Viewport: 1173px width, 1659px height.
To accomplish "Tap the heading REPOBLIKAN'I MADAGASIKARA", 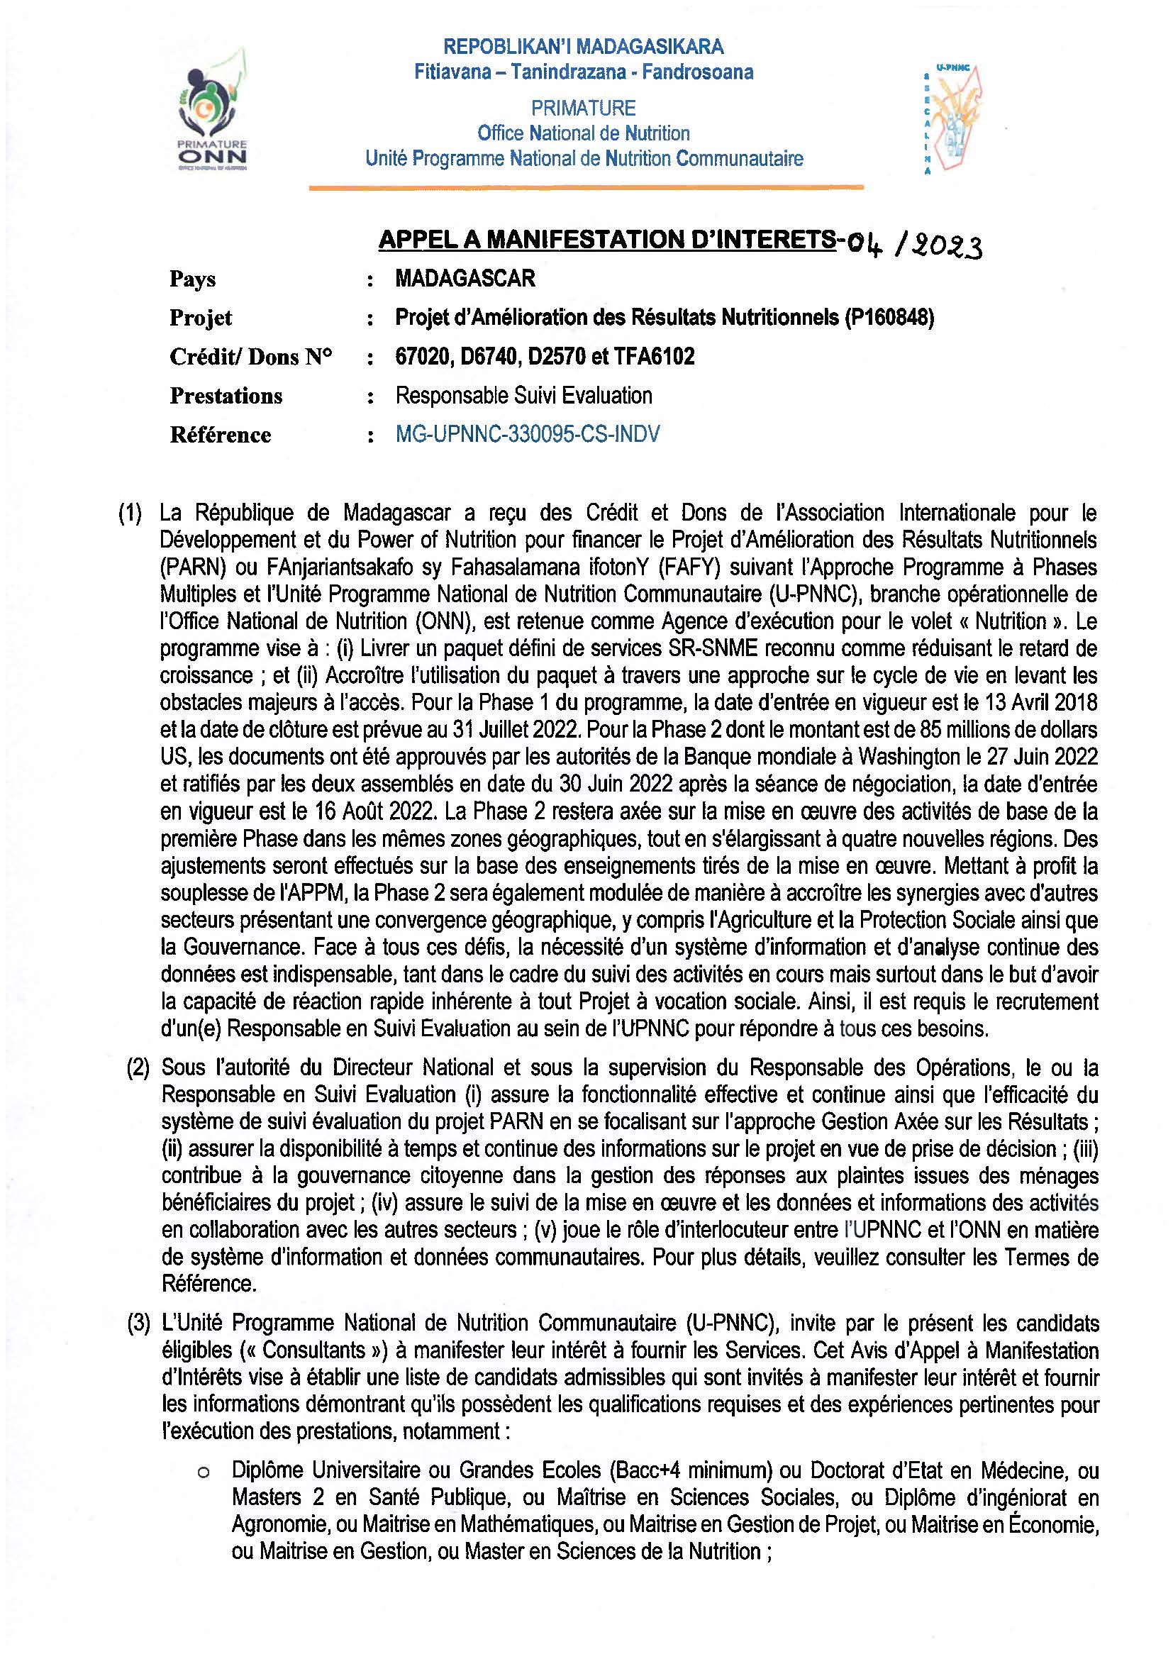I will (x=583, y=47).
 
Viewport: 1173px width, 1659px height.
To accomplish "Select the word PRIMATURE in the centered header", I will (x=583, y=109).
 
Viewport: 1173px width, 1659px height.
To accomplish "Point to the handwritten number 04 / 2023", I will (x=914, y=246).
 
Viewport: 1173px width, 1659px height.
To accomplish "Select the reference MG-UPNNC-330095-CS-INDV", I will (x=527, y=434).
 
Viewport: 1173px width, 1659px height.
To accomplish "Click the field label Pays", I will (x=192, y=279).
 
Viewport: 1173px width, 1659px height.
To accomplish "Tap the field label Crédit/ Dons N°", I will (x=250, y=357).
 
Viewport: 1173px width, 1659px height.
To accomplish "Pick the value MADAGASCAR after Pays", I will (x=465, y=279).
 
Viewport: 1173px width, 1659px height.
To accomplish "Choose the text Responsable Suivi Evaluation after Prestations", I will (x=523, y=396).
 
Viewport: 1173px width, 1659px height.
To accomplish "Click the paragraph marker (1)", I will (x=130, y=514).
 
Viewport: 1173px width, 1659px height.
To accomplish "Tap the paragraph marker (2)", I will (x=138, y=1068).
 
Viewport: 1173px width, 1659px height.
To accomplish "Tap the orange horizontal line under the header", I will (x=586, y=188).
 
